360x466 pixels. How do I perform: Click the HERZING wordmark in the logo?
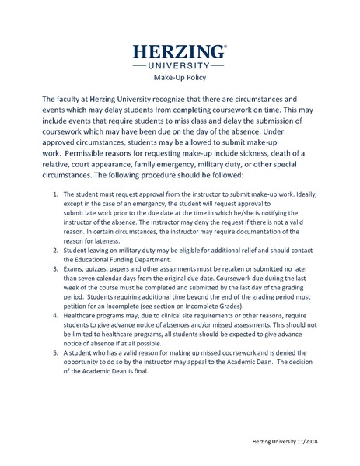coord(179,52)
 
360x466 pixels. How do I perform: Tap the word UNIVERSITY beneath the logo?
coord(180,66)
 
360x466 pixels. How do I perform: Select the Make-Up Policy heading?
coord(180,78)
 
